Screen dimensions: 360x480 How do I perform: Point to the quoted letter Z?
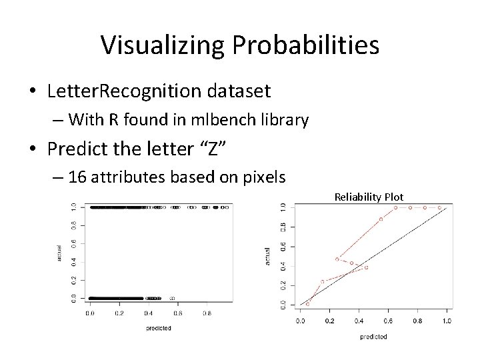pyautogui.click(x=213, y=149)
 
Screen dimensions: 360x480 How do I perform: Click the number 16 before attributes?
pyautogui.click(x=77, y=177)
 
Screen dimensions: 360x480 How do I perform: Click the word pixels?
pyautogui.click(x=260, y=177)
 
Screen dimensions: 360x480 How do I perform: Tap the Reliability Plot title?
pyautogui.click(x=369, y=197)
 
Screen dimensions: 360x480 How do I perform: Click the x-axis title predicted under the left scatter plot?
pyautogui.click(x=159, y=327)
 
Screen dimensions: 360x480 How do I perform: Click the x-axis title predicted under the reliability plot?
pyautogui.click(x=373, y=337)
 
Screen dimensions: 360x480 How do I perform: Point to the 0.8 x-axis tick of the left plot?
pyautogui.click(x=207, y=313)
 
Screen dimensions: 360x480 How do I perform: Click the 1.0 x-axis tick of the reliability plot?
pyautogui.click(x=446, y=321)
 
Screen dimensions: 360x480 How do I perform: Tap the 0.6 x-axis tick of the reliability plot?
pyautogui.click(x=388, y=321)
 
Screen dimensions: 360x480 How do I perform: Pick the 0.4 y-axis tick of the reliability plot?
pyautogui.click(x=283, y=265)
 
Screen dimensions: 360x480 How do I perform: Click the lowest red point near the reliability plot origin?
pyautogui.click(x=307, y=304)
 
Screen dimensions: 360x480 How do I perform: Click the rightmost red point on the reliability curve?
pyautogui.click(x=439, y=207)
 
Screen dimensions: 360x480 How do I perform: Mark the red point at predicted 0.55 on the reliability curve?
pyautogui.click(x=381, y=219)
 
